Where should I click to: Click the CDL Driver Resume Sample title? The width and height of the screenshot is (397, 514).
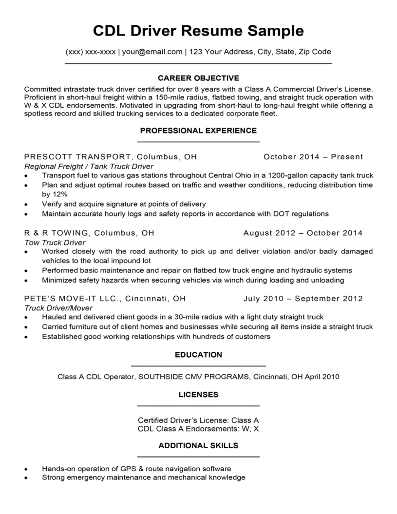(198, 31)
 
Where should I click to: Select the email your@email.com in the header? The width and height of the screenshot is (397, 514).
(152, 52)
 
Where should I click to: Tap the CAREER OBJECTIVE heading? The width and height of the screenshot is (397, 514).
(198, 78)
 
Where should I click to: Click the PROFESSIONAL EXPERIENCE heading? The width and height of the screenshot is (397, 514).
(198, 131)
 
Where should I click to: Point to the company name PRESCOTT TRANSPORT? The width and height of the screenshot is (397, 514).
(77, 157)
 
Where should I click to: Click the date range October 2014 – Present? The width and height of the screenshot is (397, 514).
(313, 157)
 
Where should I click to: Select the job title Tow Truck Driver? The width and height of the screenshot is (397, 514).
(55, 242)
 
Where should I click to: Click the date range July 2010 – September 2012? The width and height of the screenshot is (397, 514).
(303, 299)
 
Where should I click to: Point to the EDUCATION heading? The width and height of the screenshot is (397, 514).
(198, 355)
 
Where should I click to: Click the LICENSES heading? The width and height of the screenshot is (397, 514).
(198, 394)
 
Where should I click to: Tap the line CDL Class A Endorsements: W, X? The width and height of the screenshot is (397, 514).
(198, 429)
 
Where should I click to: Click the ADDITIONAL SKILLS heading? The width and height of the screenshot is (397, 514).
(198, 445)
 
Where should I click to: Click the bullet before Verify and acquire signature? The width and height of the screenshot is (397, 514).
(26, 205)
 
